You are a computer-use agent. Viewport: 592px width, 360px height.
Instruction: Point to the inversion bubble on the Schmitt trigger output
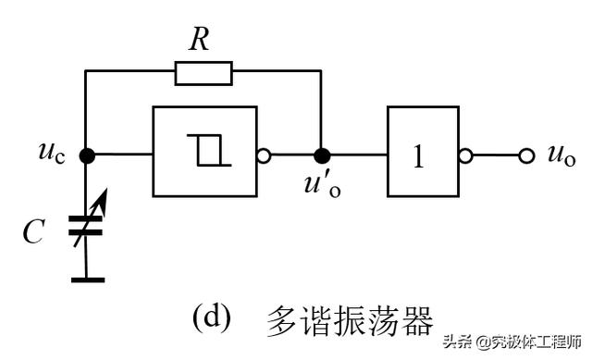tap(264, 155)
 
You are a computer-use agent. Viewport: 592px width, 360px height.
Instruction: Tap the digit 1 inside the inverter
tap(418, 156)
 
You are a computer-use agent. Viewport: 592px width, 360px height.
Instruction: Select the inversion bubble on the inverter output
tap(466, 155)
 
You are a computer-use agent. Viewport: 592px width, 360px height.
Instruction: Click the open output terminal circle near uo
tap(526, 155)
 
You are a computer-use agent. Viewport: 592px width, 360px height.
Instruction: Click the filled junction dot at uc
tap(87, 155)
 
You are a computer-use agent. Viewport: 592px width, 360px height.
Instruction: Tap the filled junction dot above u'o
tap(321, 155)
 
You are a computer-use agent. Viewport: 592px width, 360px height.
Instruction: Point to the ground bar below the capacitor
tap(87, 278)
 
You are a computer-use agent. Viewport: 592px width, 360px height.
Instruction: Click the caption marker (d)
tap(210, 318)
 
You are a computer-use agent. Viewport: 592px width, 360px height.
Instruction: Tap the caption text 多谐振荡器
tap(349, 320)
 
